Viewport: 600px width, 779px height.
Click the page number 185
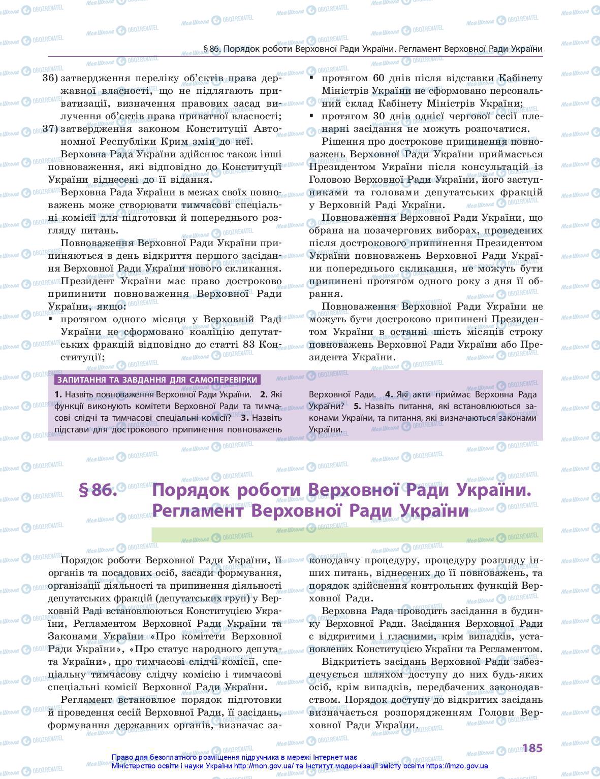tap(532, 748)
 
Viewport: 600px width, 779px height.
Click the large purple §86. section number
tap(98, 490)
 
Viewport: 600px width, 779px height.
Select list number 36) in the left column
tap(51, 78)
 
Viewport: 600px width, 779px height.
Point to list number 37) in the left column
tap(51, 129)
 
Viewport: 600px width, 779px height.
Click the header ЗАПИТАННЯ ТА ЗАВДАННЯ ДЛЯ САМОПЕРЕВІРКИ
tap(157, 380)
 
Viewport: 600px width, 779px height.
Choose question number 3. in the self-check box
tap(245, 418)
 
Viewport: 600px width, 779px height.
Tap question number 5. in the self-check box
tap(357, 407)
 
